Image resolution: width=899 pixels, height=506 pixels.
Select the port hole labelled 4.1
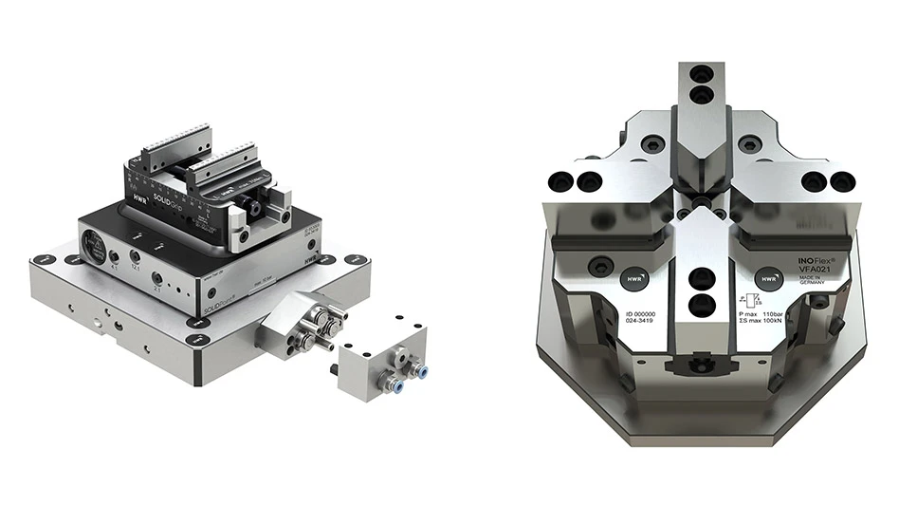114,256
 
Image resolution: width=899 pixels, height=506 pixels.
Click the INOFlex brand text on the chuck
806,258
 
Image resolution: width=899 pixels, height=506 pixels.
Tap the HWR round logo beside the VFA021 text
767,279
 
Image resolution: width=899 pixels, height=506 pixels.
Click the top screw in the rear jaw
702,74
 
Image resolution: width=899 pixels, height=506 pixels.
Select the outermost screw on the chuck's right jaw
838,179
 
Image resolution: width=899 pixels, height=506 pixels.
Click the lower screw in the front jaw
702,305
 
